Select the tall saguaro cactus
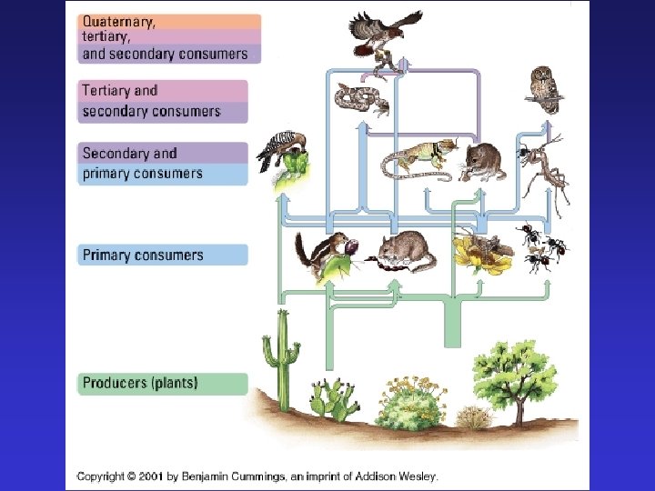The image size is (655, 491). click(281, 354)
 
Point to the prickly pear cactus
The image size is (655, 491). click(331, 401)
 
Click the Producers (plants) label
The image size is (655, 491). click(140, 383)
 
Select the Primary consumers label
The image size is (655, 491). click(143, 255)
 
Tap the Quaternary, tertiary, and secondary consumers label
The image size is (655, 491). click(165, 37)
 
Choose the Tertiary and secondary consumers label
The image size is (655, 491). click(151, 101)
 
